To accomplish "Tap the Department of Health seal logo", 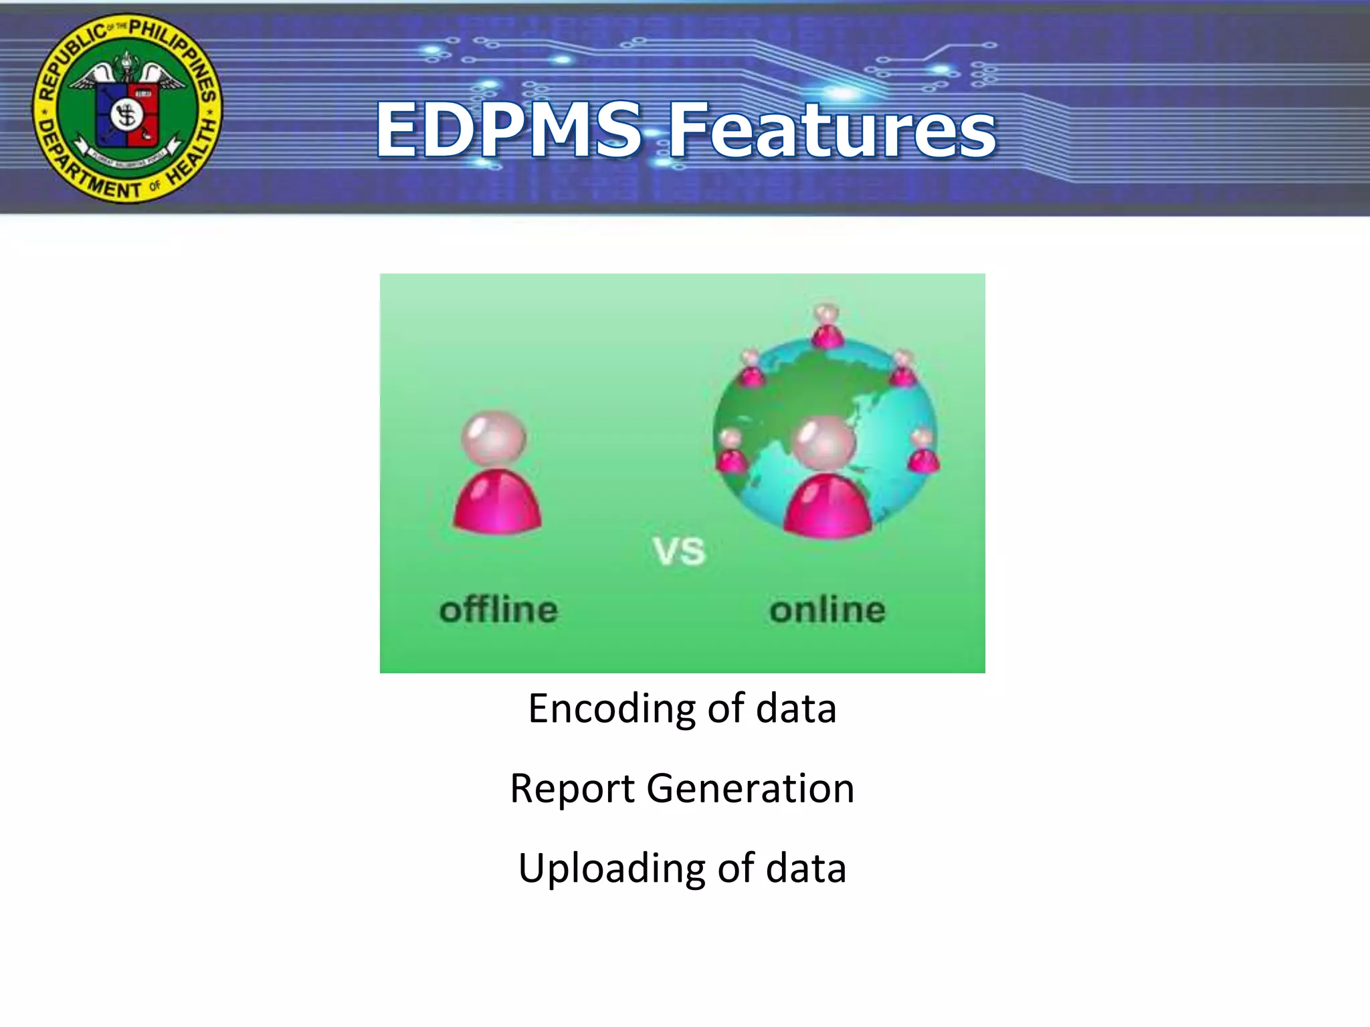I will click(x=127, y=108).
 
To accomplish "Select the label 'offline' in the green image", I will click(x=498, y=610).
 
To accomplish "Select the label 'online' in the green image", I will click(x=827, y=610).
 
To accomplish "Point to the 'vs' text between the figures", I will click(x=679, y=552).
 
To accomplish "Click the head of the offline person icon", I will click(x=494, y=438).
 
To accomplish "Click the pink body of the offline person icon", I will click(x=497, y=503).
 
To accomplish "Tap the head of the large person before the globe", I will click(x=823, y=443).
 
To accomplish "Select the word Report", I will click(x=571, y=788).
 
